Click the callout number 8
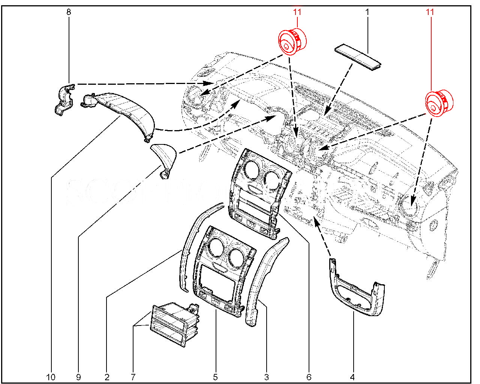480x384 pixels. [x=69, y=12]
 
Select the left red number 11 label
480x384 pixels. [x=297, y=12]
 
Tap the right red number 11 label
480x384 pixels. [x=430, y=12]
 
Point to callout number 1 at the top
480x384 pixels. [x=367, y=12]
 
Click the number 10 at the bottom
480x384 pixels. [x=51, y=377]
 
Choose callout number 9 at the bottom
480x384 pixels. [x=78, y=377]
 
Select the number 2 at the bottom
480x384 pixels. [x=107, y=377]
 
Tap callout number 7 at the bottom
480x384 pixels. [x=133, y=377]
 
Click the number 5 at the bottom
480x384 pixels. [x=215, y=377]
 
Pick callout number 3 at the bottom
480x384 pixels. [x=266, y=377]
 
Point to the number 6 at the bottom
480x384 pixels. [x=309, y=377]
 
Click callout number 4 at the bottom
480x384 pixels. [x=352, y=377]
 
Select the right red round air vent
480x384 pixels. [x=438, y=102]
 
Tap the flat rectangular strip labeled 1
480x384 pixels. [x=358, y=57]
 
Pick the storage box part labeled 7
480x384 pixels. [x=174, y=324]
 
